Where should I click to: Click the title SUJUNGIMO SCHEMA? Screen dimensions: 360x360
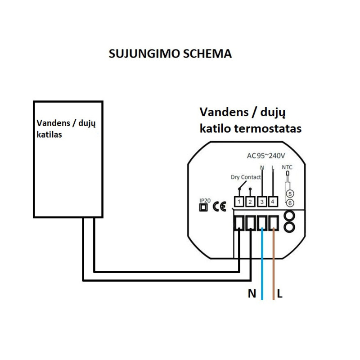click(x=171, y=54)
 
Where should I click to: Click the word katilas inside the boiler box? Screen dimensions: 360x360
click(x=49, y=134)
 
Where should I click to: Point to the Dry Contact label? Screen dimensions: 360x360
click(x=245, y=177)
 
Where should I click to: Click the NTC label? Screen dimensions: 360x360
click(x=287, y=167)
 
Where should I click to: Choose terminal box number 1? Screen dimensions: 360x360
click(x=239, y=202)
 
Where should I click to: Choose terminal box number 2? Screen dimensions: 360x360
click(x=251, y=202)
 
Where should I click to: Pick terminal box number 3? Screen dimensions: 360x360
click(x=262, y=202)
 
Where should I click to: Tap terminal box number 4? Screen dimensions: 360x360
click(x=273, y=202)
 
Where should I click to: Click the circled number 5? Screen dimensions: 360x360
click(x=290, y=194)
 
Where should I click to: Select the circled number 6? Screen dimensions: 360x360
click(x=290, y=203)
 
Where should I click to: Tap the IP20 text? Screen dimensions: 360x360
click(x=204, y=201)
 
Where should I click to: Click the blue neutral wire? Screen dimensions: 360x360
click(x=262, y=270)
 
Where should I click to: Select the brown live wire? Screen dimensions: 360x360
click(x=274, y=270)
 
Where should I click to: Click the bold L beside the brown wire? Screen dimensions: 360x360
click(x=280, y=294)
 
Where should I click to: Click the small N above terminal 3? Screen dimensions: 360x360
click(x=262, y=167)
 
